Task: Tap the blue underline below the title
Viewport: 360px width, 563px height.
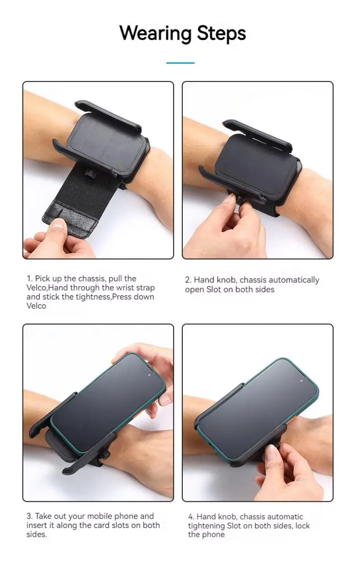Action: point(180,63)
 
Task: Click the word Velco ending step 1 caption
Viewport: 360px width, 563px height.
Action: point(36,306)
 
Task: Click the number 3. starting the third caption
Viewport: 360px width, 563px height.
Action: point(30,516)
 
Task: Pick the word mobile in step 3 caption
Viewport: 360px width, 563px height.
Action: point(99,516)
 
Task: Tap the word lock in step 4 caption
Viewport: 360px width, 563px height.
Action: point(303,525)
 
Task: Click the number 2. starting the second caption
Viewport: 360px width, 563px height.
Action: point(189,280)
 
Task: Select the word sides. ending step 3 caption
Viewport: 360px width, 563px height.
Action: point(37,534)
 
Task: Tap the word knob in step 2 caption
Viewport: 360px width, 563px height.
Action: point(227,280)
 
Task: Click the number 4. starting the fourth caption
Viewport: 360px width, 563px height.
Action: point(191,517)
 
